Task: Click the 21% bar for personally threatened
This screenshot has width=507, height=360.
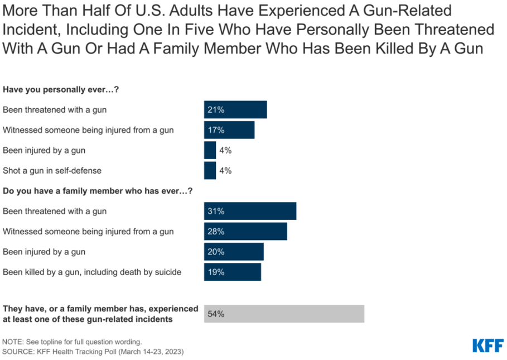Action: coord(235,109)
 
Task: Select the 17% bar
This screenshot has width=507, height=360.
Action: coord(229,130)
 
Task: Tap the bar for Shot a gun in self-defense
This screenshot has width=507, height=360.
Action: coord(210,170)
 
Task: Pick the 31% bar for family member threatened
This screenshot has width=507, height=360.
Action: coord(250,211)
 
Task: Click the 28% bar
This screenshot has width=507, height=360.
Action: coord(245,231)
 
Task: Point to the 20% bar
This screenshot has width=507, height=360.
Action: coord(234,252)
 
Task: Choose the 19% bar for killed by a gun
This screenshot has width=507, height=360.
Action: coord(233,272)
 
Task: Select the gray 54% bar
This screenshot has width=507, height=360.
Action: coord(284,314)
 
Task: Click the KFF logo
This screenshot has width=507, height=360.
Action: coord(487,345)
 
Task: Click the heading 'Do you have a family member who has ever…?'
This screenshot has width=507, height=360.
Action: coord(98,191)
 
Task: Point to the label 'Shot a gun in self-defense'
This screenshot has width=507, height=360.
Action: coord(52,170)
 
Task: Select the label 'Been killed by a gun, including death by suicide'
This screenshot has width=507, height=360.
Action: coord(92,272)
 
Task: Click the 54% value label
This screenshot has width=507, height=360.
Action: coord(216,314)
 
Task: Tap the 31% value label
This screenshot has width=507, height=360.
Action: coord(216,211)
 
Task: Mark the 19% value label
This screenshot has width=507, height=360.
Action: coord(216,272)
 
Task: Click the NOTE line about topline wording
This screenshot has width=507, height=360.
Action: coord(72,341)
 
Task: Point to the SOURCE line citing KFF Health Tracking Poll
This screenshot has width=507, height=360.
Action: coord(93,352)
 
